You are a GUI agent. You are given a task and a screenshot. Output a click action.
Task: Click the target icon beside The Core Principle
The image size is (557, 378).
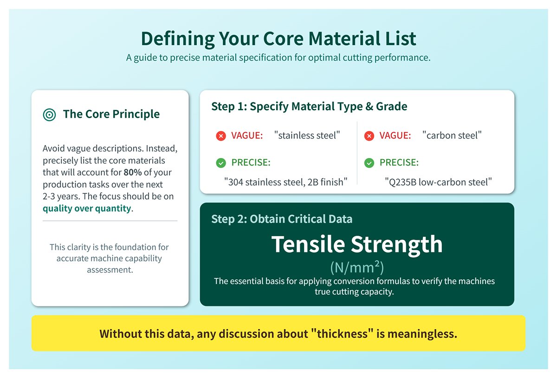point(49,114)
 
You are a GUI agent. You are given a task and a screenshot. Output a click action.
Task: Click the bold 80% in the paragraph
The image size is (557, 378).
point(133,172)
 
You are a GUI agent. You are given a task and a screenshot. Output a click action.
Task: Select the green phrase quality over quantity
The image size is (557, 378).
point(87,208)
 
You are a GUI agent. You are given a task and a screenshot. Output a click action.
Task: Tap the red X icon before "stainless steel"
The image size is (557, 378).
point(221,136)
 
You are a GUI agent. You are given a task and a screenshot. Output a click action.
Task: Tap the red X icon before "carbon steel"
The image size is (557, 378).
point(369,136)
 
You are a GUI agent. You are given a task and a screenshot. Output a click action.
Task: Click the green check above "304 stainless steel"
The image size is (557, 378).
point(221,163)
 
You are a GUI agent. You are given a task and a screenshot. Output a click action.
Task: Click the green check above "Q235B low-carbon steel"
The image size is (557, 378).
point(369,163)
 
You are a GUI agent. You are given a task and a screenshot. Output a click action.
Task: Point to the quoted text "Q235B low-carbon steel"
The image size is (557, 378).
point(438,182)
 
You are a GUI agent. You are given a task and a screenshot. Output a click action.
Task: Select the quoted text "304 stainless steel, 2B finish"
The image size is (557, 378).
point(285,182)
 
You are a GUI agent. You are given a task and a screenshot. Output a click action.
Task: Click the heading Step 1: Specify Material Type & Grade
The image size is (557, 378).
point(309,106)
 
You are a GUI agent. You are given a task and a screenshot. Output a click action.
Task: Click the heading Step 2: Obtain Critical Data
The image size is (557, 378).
point(281,219)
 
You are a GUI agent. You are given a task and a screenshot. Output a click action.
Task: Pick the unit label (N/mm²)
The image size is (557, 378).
point(357,268)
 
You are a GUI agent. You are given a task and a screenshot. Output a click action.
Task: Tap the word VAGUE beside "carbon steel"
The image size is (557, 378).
point(395,136)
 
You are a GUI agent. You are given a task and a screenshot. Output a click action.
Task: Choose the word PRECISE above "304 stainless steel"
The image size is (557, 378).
point(251,163)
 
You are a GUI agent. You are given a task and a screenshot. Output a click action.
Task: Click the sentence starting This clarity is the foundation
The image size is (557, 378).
point(110,258)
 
